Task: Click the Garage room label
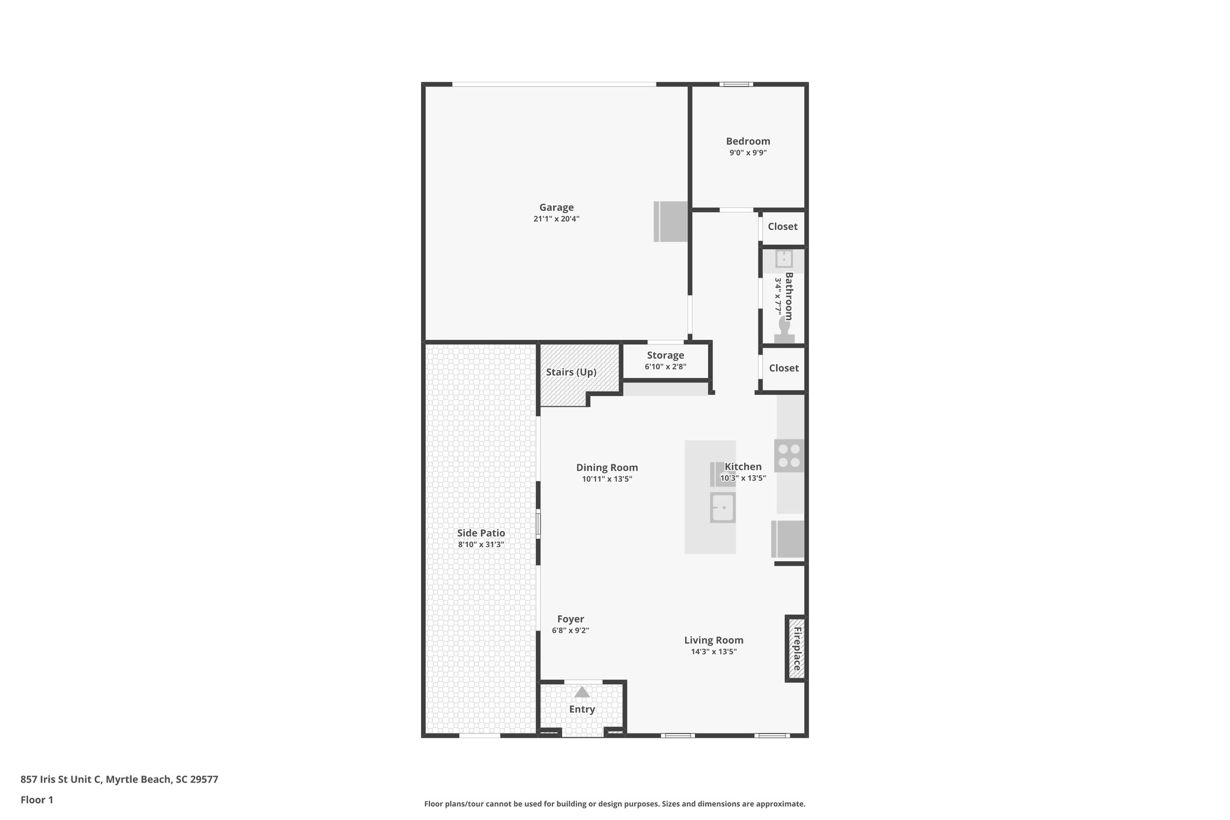[556, 208]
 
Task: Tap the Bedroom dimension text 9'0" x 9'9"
[748, 153]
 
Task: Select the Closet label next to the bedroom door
[783, 226]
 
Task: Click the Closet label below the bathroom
[783, 368]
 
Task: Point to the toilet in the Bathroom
[784, 330]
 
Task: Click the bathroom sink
[784, 259]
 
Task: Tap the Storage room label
[665, 355]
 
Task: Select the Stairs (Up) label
[571, 372]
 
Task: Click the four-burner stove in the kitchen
[789, 455]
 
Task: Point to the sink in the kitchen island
[723, 508]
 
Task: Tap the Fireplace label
[798, 649]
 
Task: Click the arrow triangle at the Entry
[582, 692]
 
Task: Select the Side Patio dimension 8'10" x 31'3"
[480, 545]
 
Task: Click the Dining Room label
[607, 467]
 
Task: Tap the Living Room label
[713, 640]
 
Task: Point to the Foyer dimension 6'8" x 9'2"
[571, 631]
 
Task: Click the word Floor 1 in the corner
[37, 800]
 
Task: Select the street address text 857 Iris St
[60, 780]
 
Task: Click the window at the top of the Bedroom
[736, 84]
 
